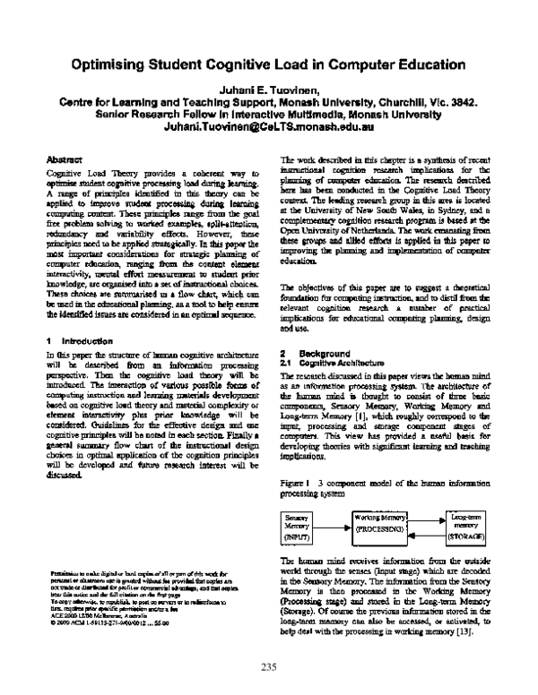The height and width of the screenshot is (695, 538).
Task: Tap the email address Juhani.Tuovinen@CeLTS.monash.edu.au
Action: (268, 128)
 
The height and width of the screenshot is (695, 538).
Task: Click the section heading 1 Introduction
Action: (78, 341)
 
